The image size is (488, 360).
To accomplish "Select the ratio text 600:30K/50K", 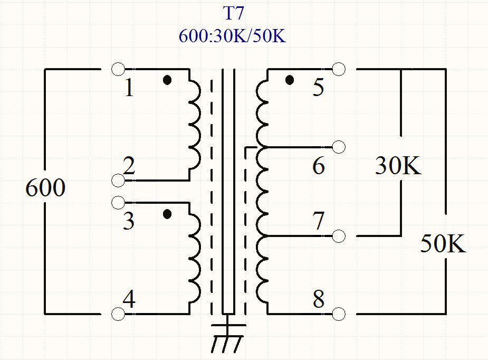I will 232,36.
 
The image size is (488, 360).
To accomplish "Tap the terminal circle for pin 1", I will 119,69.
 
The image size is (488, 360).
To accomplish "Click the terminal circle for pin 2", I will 119,181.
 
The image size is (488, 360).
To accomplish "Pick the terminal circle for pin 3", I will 119,202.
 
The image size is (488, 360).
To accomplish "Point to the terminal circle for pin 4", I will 119,314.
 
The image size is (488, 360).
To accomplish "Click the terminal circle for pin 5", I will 339,69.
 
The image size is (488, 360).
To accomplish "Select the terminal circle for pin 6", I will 339,147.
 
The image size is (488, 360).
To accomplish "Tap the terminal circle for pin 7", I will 339,235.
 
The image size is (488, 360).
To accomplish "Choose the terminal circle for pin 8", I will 339,314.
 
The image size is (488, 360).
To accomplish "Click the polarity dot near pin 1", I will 167,80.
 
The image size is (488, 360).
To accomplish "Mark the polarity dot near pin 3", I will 167,214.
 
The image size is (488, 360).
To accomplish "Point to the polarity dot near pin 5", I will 289,80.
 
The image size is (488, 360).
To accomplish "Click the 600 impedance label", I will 45,188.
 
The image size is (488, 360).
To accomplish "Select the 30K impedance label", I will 398,166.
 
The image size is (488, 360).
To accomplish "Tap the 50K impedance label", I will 443,244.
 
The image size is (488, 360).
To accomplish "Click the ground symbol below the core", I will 227,338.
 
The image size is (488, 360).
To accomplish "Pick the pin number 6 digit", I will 318,166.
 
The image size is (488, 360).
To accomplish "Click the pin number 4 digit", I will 129,300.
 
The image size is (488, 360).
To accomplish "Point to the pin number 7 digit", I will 318,221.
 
